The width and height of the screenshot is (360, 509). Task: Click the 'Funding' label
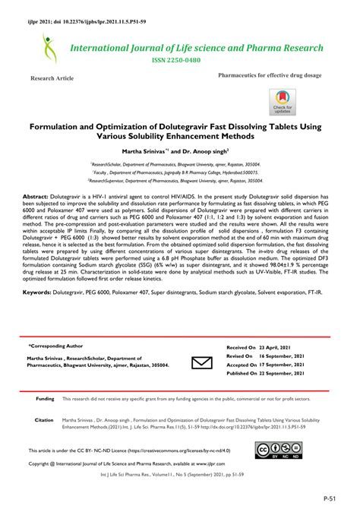coord(45,398)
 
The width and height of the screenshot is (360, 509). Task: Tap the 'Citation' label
coord(44,419)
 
